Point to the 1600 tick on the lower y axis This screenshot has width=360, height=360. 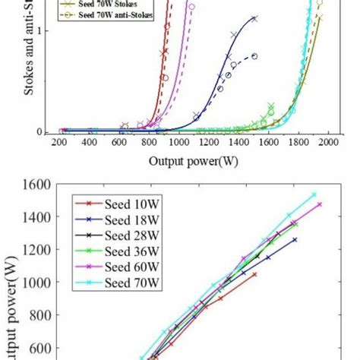[x=37, y=185]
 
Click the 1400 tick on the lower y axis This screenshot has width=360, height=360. [x=37, y=217]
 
